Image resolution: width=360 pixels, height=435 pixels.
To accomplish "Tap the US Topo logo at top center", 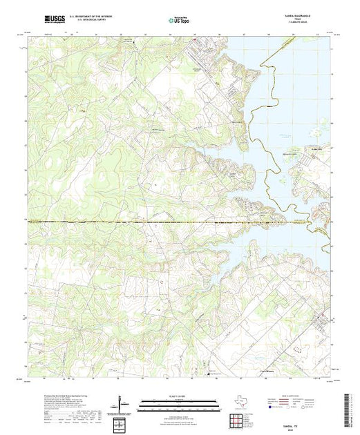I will click(x=179, y=20).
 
